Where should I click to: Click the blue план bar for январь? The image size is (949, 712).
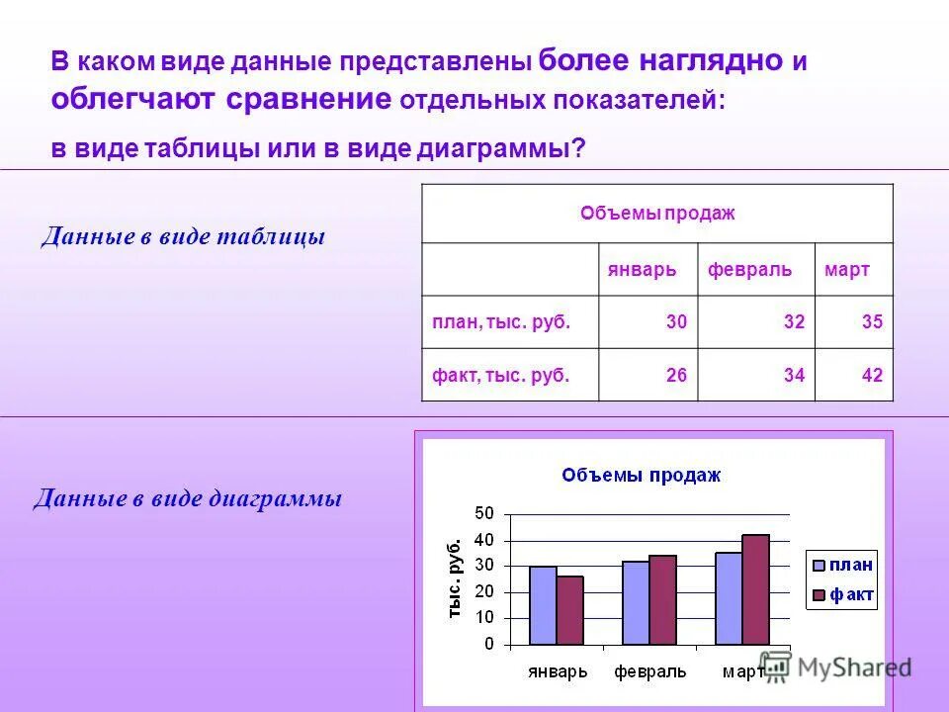(x=543, y=605)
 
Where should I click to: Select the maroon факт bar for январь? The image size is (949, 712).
(x=569, y=610)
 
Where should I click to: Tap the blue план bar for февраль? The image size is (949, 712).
(x=636, y=602)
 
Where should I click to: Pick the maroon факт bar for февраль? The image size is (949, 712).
(x=662, y=599)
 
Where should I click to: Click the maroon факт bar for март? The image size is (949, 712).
(x=755, y=589)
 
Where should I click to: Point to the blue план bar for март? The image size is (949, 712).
(x=729, y=598)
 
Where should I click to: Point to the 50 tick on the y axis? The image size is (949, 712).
(x=483, y=513)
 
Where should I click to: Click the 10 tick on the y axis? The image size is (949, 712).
(x=483, y=618)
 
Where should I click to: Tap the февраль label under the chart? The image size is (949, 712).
(x=649, y=671)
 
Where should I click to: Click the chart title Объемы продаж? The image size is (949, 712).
(x=642, y=475)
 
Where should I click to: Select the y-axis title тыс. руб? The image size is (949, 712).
(x=455, y=578)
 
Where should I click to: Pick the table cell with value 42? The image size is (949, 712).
(x=871, y=375)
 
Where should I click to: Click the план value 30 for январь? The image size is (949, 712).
(x=676, y=321)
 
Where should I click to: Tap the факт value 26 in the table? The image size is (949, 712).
(x=676, y=375)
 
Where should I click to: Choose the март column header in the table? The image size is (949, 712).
(x=846, y=270)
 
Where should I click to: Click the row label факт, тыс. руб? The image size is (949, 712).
(x=500, y=375)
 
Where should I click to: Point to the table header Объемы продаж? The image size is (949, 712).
(x=656, y=213)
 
